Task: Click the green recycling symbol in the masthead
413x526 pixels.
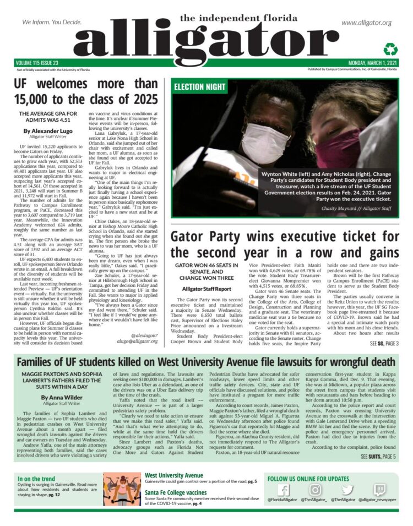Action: [x=389, y=48]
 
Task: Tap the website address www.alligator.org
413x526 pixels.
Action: [x=366, y=23]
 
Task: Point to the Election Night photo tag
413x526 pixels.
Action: [x=199, y=87]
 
